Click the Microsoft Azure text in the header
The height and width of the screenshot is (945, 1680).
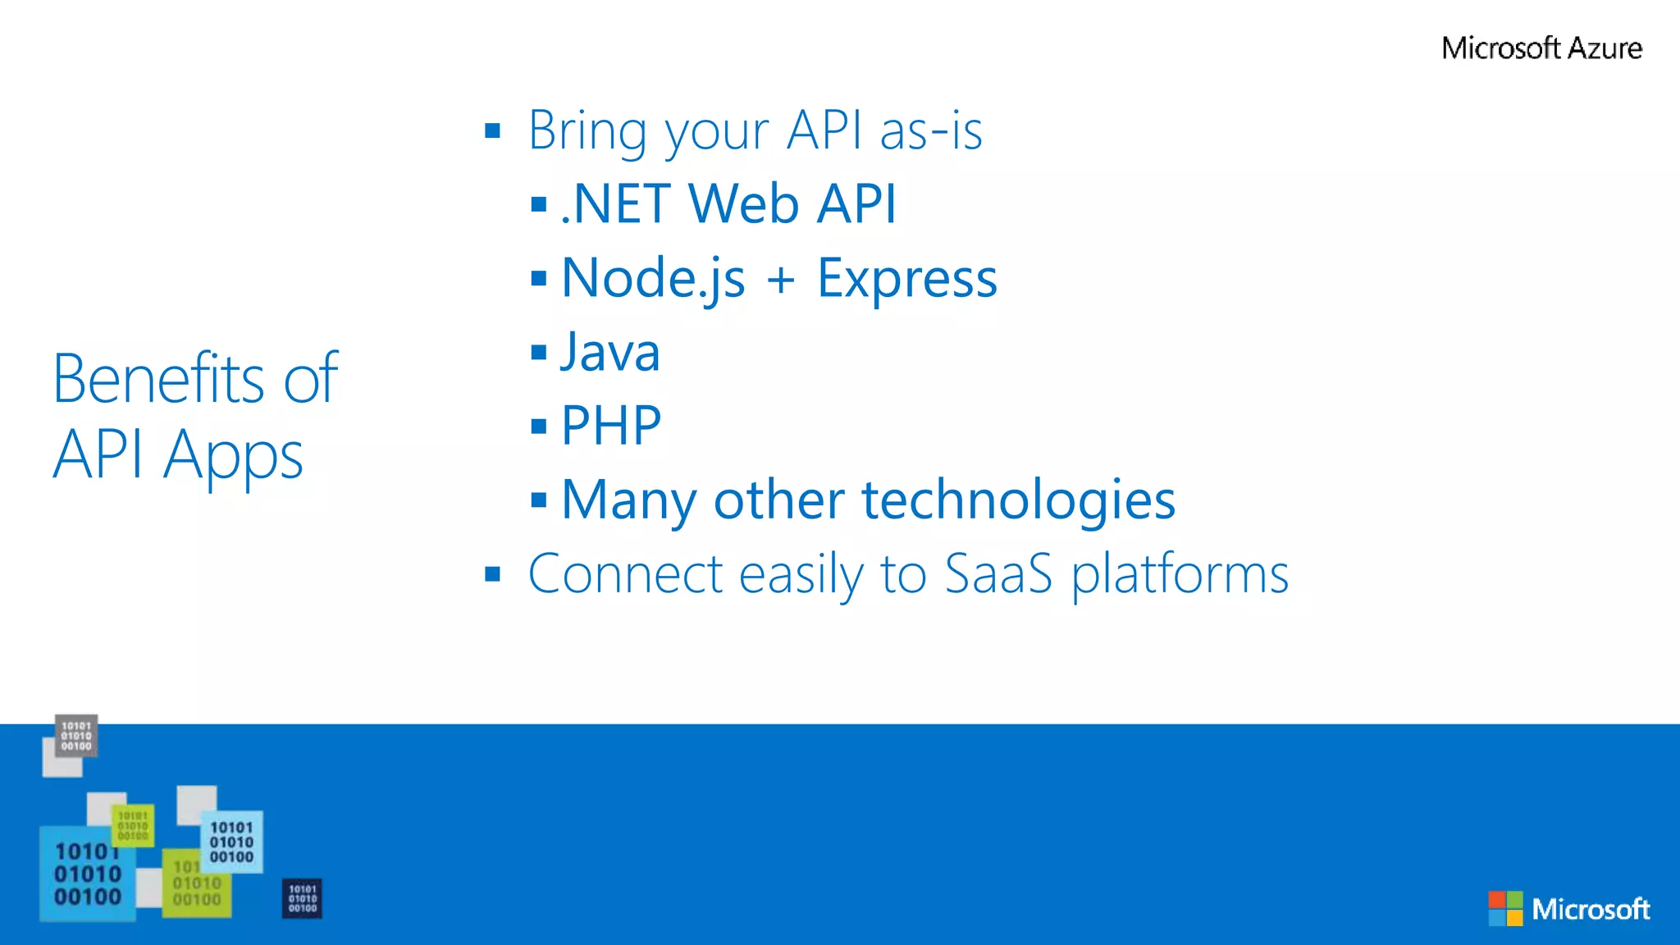pyautogui.click(x=1541, y=48)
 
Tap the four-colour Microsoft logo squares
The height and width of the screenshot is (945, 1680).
pyautogui.click(x=1505, y=908)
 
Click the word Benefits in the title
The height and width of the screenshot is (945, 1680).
pyautogui.click(x=158, y=379)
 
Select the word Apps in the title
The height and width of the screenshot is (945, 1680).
pyautogui.click(x=233, y=455)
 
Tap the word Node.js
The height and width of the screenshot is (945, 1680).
pyautogui.click(x=653, y=279)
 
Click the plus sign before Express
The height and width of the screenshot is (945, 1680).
pyautogui.click(x=781, y=280)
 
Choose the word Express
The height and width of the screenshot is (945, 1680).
pyautogui.click(x=906, y=279)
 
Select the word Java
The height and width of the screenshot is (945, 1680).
pyautogui.click(x=609, y=353)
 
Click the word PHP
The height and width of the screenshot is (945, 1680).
pyautogui.click(x=611, y=426)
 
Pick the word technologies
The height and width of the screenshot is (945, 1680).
pyautogui.click(x=1018, y=500)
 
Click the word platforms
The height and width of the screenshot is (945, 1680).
pyautogui.click(x=1180, y=574)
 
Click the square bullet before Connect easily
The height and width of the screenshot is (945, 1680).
pyautogui.click(x=492, y=573)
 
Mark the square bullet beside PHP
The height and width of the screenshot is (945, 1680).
pyautogui.click(x=538, y=426)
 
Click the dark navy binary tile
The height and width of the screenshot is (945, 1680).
pyautogui.click(x=302, y=898)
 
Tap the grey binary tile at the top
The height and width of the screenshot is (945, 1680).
pyautogui.click(x=76, y=735)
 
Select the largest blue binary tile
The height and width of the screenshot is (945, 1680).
pyautogui.click(x=87, y=874)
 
